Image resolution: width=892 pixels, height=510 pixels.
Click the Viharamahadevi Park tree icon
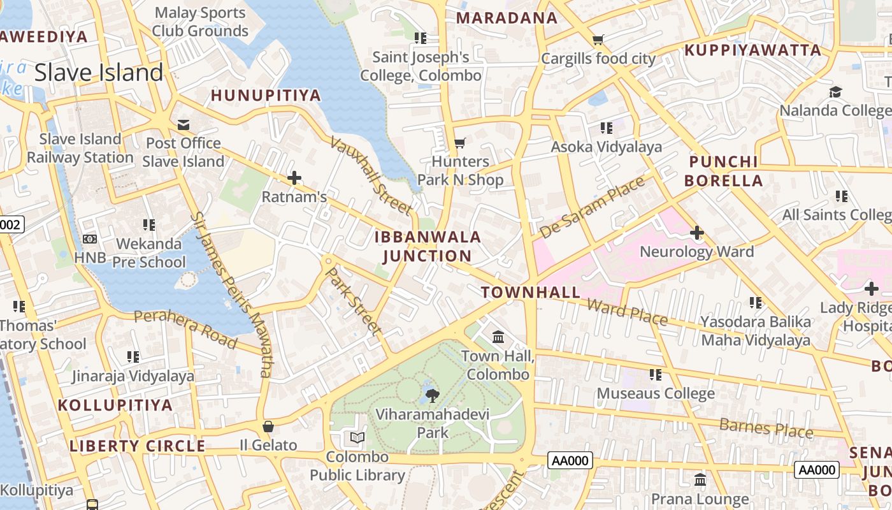[433, 395]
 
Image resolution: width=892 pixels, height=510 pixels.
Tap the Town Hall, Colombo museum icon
[498, 337]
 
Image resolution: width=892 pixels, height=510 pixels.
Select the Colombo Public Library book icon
[357, 438]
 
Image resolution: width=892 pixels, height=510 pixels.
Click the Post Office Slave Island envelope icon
[183, 124]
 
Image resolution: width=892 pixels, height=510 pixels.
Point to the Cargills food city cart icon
[598, 40]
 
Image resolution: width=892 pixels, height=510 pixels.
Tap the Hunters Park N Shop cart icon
[459, 143]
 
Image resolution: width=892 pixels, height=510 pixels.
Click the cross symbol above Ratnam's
[294, 178]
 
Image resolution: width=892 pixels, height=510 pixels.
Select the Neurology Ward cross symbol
[697, 233]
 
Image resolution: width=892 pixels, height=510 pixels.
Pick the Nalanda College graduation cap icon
[835, 92]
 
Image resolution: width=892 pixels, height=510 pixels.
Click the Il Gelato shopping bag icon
[268, 426]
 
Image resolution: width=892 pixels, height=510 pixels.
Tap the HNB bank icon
[90, 239]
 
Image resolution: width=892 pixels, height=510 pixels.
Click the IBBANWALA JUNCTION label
[428, 247]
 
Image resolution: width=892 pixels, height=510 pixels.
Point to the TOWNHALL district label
[531, 293]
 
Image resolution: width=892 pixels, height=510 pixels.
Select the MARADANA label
[507, 18]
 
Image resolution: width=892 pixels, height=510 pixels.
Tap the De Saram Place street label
[592, 208]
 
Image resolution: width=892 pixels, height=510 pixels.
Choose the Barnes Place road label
[766, 428]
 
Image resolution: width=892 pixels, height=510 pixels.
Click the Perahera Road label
[185, 329]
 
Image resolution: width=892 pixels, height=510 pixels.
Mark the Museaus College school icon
[655, 375]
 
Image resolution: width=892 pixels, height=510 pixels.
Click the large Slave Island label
[99, 73]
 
